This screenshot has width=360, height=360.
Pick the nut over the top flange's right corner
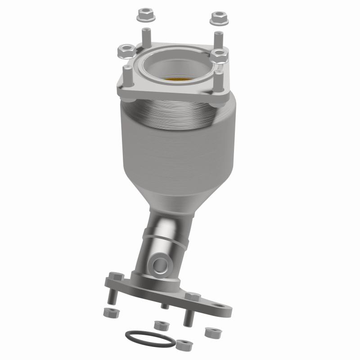pos(220,56)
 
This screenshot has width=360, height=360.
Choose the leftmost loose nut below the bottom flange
pos(108,312)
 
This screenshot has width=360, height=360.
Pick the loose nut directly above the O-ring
pos(159,325)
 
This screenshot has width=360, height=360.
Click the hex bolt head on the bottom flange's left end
pos(115,276)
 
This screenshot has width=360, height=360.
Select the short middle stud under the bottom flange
pos(165,305)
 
